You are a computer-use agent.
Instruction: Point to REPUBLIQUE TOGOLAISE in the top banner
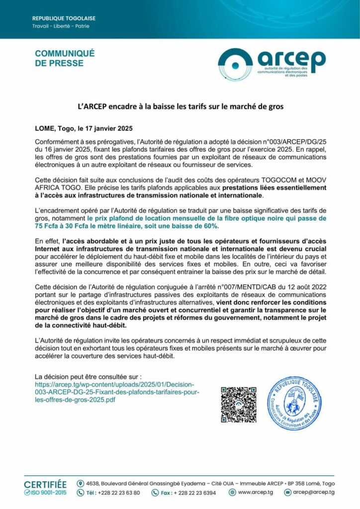point(64,18)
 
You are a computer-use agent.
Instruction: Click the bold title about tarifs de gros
point(180,106)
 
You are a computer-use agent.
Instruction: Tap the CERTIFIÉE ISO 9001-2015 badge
point(45,488)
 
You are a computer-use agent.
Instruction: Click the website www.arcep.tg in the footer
point(254,493)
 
